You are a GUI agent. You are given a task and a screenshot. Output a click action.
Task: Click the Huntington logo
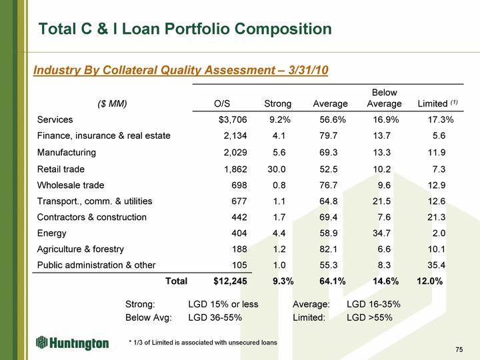coord(72,343)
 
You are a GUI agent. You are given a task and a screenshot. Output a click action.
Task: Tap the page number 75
coord(459,350)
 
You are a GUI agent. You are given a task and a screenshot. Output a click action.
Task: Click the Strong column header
coord(277,103)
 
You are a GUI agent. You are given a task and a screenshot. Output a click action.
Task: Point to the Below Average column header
coord(384,98)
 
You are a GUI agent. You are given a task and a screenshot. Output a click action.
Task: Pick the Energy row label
coord(52,233)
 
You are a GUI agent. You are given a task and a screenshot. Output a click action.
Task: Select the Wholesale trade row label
coord(71,185)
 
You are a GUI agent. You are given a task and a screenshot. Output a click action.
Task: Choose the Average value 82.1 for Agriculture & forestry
coord(333,249)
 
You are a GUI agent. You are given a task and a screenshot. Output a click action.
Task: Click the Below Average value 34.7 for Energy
coord(386,233)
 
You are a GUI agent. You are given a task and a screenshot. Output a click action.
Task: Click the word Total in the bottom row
coord(176,281)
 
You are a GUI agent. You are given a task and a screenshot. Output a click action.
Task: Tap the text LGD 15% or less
coord(223,305)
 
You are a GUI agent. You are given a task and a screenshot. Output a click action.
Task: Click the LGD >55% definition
coord(369,317)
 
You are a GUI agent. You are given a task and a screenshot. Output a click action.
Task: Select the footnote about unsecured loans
coord(203,342)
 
